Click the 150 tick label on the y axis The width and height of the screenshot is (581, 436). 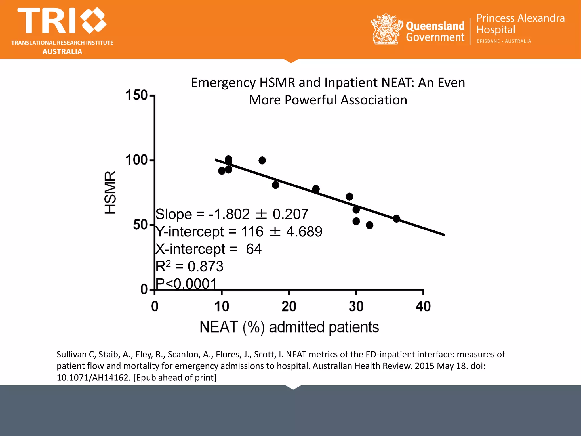(136, 95)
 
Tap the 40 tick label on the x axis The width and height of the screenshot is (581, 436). (423, 307)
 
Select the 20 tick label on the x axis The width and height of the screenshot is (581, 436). (289, 307)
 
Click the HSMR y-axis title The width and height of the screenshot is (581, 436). (110, 192)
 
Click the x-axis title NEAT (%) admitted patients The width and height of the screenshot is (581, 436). (289, 327)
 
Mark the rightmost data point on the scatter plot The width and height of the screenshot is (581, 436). (396, 219)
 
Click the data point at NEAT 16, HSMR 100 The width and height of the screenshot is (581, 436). (262, 160)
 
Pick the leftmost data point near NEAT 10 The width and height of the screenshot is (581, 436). (222, 171)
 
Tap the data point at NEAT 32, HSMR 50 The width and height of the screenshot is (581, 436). (369, 225)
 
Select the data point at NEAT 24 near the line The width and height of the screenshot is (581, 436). (316, 189)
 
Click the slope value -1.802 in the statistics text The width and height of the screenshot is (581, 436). (229, 214)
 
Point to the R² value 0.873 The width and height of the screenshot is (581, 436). (205, 266)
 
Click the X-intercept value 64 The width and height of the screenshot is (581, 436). (254, 249)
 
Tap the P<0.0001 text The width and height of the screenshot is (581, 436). (186, 283)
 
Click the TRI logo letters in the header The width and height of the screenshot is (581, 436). (47, 21)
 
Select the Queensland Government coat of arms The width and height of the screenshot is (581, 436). (386, 29)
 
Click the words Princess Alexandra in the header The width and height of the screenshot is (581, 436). (520, 18)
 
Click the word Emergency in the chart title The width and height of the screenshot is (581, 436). (223, 83)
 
